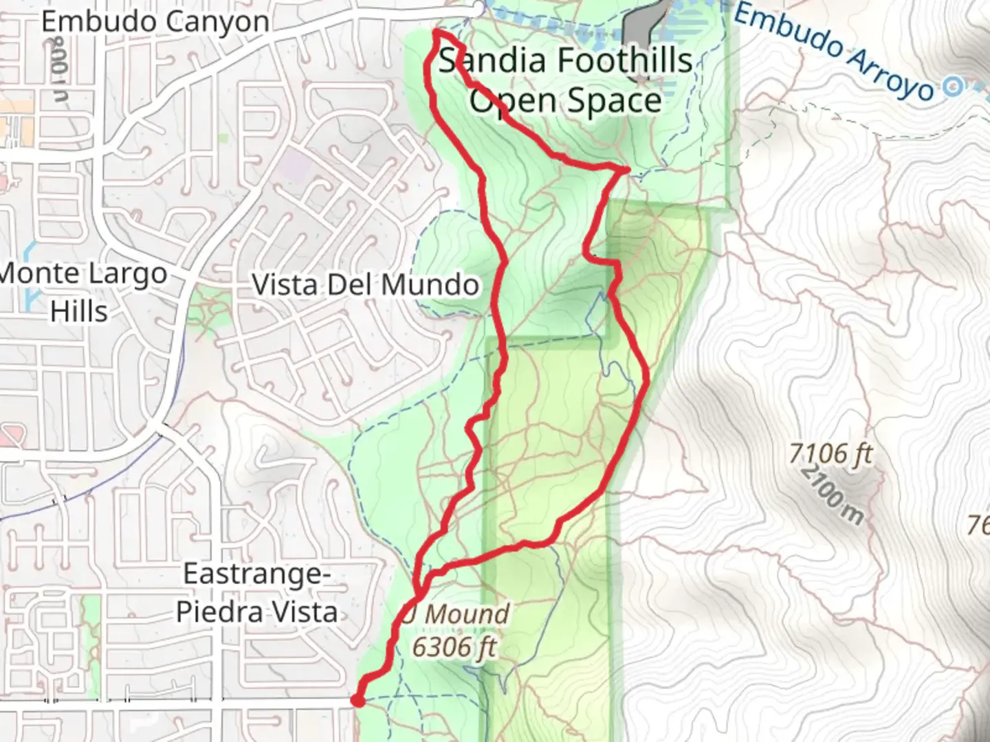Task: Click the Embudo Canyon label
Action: [x=155, y=21]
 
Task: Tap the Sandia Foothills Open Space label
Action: [x=565, y=80]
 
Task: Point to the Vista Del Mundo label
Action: [x=365, y=284]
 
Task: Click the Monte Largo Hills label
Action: [x=82, y=292]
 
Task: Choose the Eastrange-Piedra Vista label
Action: [x=256, y=592]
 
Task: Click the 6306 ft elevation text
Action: [x=454, y=646]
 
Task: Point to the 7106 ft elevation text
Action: [x=830, y=453]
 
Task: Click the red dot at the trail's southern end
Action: [x=357, y=701]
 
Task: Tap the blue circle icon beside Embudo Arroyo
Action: [x=953, y=87]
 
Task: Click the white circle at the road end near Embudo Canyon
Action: [x=478, y=7]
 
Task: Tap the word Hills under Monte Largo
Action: [x=79, y=311]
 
